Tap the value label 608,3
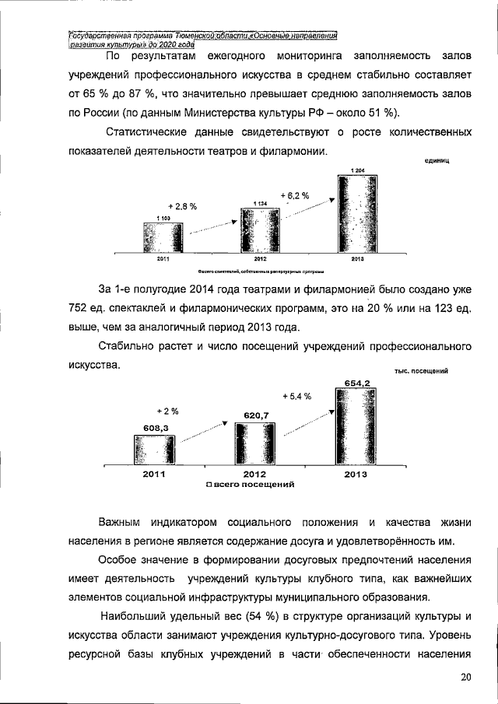click(156, 427)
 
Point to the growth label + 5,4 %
click(296, 396)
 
